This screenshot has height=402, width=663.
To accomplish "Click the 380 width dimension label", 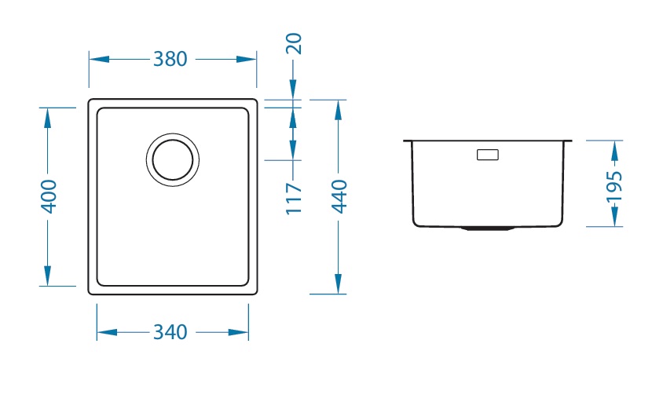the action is click(x=170, y=59).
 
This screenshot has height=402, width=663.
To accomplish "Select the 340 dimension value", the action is click(x=170, y=332).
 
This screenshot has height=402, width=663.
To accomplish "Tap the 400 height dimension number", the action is click(x=49, y=196).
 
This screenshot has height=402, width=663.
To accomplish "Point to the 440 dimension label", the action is click(x=339, y=196).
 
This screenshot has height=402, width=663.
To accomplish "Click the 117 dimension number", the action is click(x=294, y=199).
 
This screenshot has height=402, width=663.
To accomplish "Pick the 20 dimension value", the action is click(x=294, y=43).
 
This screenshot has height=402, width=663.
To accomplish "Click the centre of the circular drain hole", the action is click(x=173, y=160).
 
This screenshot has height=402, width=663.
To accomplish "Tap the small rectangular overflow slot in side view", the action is click(x=488, y=155).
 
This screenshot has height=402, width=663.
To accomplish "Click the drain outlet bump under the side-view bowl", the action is click(x=488, y=228).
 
